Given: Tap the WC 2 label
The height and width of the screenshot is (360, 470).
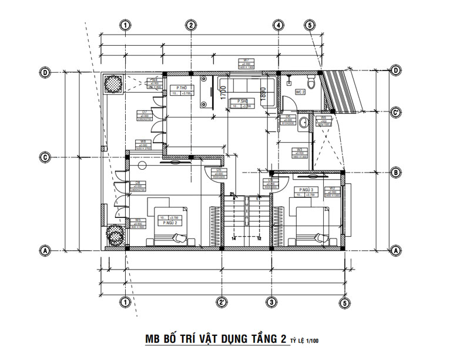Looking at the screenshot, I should (x=299, y=92).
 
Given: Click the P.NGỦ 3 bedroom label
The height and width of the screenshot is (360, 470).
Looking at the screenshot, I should (x=306, y=190).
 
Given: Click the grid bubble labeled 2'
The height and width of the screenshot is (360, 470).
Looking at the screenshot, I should (x=222, y=302).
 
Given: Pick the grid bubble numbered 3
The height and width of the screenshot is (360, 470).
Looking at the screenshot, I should (x=271, y=302).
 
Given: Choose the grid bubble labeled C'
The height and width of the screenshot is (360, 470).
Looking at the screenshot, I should (x=396, y=112).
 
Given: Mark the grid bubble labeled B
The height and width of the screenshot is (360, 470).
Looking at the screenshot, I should (x=396, y=172).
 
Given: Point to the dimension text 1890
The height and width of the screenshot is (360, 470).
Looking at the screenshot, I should (x=264, y=92).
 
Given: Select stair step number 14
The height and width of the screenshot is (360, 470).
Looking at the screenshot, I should (x=233, y=238).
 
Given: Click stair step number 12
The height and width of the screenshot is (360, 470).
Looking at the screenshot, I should (x=259, y=238).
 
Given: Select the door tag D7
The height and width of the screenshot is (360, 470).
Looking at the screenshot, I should (x=144, y=112).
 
